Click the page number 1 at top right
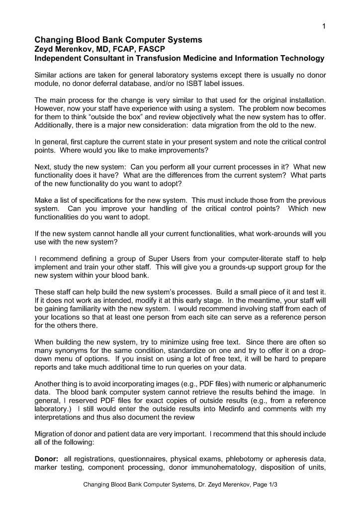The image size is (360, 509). (x=323, y=26)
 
